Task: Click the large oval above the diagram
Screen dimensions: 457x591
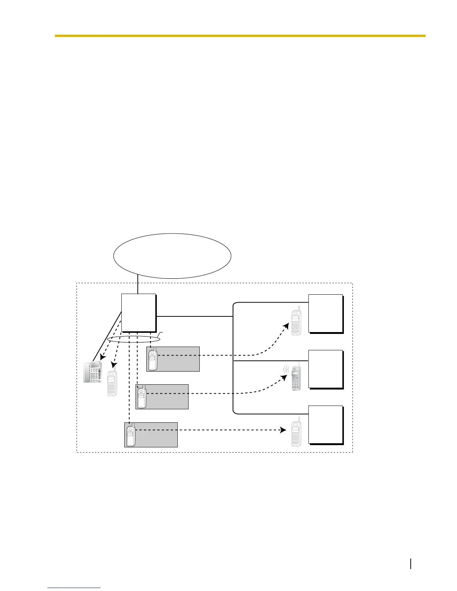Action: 172,256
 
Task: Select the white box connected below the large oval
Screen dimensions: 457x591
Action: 139,313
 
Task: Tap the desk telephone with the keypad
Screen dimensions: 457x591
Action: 92,372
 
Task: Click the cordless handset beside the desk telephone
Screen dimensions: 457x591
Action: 112,382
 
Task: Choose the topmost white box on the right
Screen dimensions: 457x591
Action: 325,313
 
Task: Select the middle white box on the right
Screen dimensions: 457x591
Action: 325,369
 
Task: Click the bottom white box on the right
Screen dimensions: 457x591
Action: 325,424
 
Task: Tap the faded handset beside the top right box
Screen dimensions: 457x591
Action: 296,321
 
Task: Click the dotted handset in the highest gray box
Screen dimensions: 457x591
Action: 152,358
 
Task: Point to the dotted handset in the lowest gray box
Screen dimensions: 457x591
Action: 130,434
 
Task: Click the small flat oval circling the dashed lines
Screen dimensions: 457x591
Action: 133,339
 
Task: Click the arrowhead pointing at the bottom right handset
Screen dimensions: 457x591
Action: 283,430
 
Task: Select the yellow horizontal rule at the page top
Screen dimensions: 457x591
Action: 240,36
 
